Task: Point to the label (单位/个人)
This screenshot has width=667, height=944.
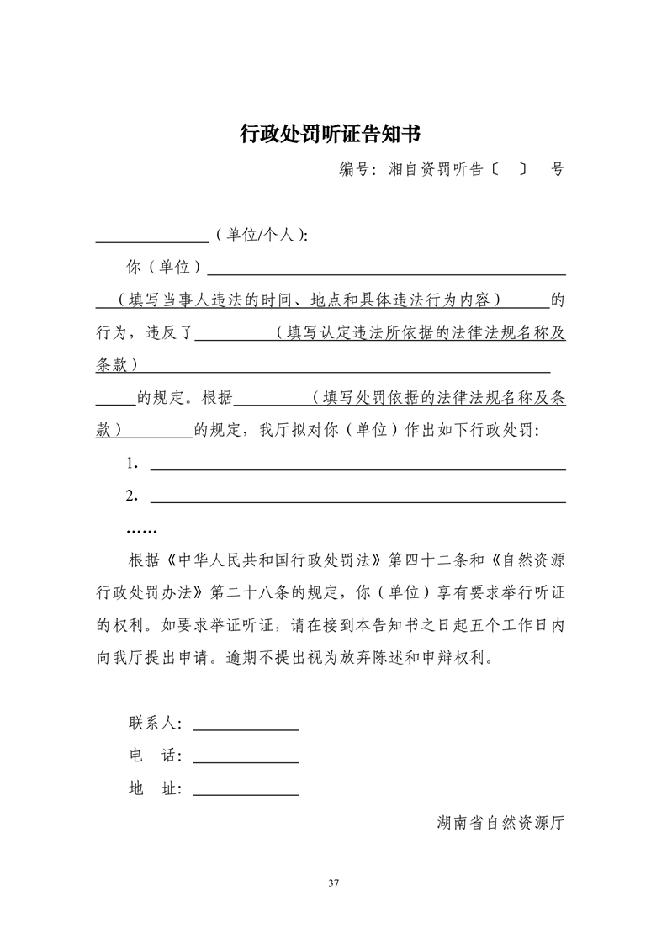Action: coord(262,236)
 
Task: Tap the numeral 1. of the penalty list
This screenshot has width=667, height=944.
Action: coord(132,463)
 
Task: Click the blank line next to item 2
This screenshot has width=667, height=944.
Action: coord(357,501)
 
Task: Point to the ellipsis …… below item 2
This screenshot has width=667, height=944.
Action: coord(141,530)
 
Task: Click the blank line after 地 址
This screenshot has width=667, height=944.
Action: coord(246,793)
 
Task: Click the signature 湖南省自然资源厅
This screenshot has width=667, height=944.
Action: coord(500,822)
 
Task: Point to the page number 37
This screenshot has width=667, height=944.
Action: coord(333,883)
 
